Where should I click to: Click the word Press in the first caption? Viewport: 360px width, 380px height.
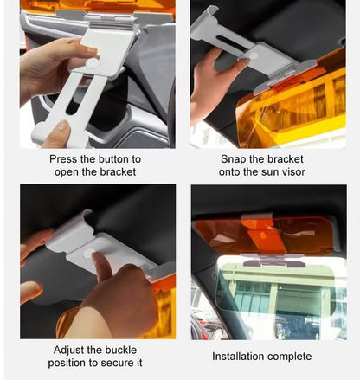(x=67, y=159)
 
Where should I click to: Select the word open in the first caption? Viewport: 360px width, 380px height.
(x=78, y=172)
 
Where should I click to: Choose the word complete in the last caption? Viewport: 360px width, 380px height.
(x=294, y=357)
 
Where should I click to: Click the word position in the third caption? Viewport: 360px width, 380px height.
(x=67, y=363)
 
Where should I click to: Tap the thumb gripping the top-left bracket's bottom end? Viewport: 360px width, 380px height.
(x=59, y=132)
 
